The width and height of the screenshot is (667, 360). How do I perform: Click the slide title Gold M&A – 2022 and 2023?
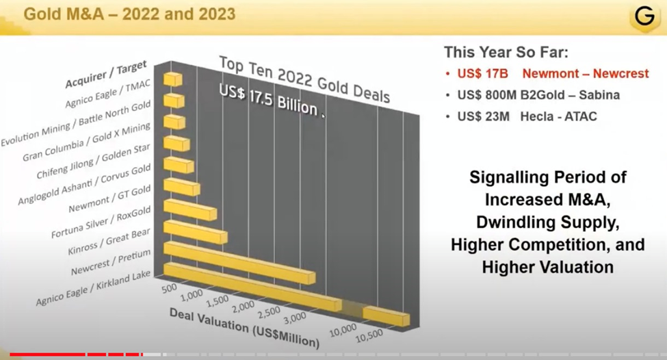click(x=129, y=13)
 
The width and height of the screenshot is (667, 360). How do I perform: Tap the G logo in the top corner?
click(x=644, y=17)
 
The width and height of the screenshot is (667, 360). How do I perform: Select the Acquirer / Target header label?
click(x=106, y=75)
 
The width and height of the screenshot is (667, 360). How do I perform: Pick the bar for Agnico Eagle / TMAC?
click(x=173, y=79)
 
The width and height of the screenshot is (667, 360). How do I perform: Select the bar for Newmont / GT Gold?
click(x=181, y=186)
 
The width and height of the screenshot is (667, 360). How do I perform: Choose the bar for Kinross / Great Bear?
click(x=196, y=231)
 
